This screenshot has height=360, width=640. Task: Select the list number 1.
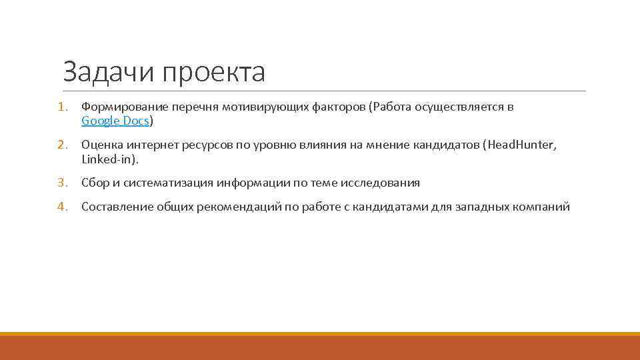point(61,107)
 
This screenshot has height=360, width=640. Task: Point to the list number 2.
point(61,145)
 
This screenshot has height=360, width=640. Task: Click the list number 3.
point(61,183)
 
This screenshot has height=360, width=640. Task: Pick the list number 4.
point(61,207)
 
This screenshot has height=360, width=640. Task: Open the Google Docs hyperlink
point(115,121)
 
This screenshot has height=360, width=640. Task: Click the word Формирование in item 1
point(124,107)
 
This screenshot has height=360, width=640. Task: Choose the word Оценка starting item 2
point(101,145)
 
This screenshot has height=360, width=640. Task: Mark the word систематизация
point(167,183)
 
